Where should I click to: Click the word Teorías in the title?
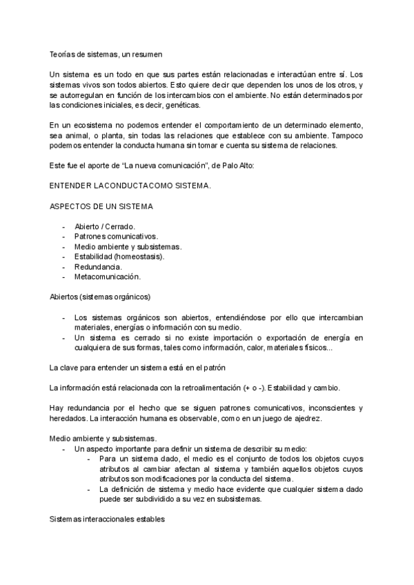(x=64, y=53)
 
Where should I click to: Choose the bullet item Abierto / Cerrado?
(x=105, y=226)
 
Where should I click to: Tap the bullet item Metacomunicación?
(x=107, y=277)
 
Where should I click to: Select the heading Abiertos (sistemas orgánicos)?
(x=100, y=297)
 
